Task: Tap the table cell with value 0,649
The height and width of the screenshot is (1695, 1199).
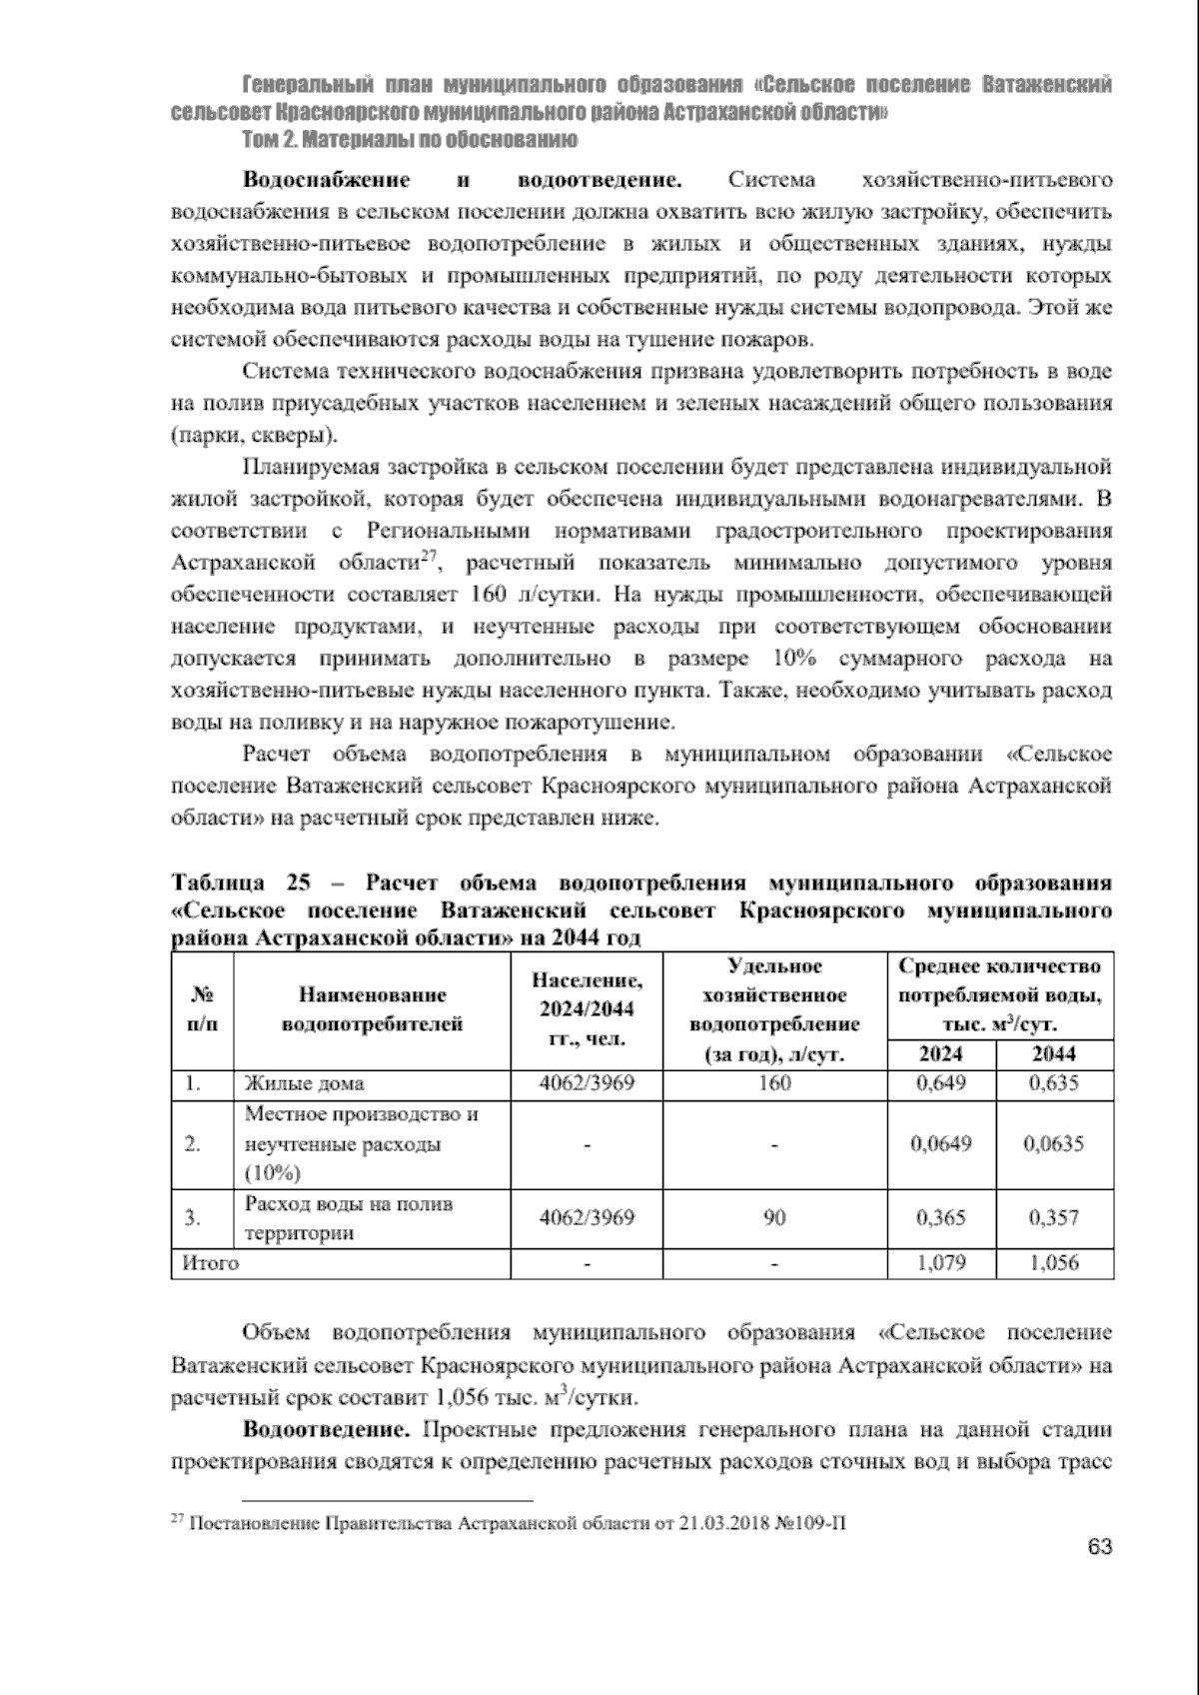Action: [940, 1083]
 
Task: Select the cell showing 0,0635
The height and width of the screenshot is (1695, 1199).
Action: [1053, 1144]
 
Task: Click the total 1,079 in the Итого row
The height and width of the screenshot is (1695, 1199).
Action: [940, 1263]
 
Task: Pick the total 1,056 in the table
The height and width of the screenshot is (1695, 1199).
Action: [1053, 1263]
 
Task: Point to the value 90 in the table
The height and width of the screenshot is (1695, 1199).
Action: [774, 1218]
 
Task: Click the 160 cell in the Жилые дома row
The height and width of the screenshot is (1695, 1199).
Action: [774, 1083]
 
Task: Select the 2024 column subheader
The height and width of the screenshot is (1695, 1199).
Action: [940, 1053]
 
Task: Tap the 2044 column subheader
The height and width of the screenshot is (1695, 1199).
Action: [1053, 1053]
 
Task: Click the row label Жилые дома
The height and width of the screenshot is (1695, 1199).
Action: [304, 1083]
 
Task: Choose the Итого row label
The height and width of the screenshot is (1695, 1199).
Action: [210, 1263]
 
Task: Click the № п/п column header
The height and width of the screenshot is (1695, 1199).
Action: [201, 1009]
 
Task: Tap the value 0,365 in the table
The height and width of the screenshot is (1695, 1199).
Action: [940, 1218]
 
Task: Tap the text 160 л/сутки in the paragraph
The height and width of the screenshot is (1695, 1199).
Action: [533, 595]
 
